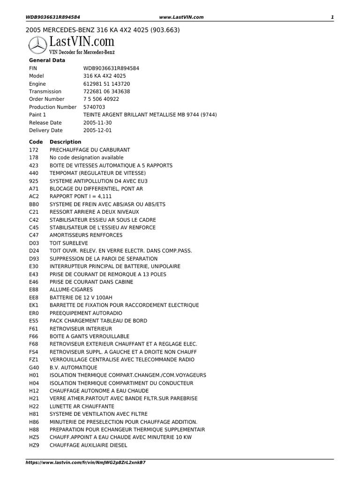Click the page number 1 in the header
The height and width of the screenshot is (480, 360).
(332, 17)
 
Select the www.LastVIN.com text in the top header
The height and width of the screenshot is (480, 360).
(181, 17)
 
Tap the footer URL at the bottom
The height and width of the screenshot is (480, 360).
(85, 462)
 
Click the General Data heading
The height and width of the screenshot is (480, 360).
(47, 60)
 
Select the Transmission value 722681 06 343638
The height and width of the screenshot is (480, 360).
(107, 91)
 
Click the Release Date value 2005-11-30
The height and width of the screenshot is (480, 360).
(97, 122)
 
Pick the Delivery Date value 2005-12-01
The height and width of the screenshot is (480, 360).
(97, 130)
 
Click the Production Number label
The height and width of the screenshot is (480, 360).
(52, 107)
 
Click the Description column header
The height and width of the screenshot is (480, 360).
(65, 142)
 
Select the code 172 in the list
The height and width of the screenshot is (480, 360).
(33, 150)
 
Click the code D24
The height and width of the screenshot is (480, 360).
(34, 251)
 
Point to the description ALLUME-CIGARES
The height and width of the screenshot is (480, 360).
(71, 290)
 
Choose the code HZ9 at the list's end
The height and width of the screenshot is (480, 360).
(34, 445)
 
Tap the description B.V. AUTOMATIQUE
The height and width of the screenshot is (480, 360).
(74, 367)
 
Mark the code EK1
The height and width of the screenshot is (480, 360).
(34, 305)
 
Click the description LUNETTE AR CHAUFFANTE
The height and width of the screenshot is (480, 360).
(82, 406)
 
